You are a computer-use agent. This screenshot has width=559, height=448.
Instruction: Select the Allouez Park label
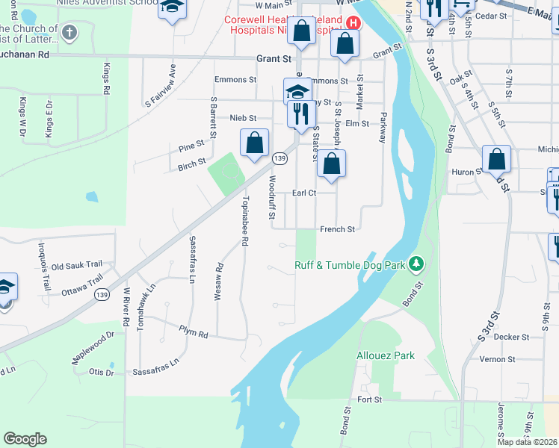coord(385,355)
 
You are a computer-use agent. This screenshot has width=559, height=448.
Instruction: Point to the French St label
coord(337,229)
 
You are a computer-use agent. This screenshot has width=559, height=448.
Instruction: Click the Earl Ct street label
coord(304,193)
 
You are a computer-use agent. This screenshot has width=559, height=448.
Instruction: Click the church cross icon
coord(70,32)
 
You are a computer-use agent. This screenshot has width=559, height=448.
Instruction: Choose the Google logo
coord(25,438)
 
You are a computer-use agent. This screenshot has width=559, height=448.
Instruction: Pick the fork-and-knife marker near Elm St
coord(301,114)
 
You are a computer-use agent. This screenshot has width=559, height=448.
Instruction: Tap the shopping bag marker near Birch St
coord(254,142)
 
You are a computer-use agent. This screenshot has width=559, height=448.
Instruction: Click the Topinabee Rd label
coord(244,222)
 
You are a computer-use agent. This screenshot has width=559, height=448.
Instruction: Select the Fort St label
coord(369,400)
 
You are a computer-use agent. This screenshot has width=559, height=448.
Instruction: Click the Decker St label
coord(511,337)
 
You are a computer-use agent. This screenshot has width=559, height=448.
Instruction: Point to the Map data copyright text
coord(527,442)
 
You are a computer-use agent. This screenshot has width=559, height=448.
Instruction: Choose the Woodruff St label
coord(272,197)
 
